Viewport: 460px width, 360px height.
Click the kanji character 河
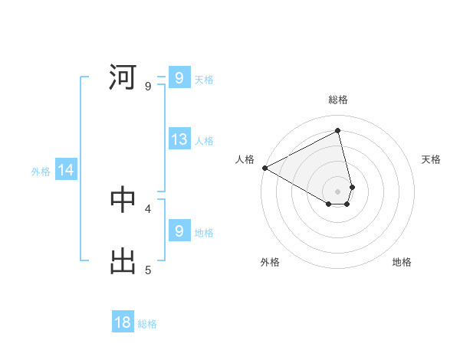point(123,77)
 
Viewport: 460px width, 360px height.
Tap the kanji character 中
point(123,199)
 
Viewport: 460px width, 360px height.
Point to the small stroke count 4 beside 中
point(148,208)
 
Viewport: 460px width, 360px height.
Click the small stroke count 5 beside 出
point(148,270)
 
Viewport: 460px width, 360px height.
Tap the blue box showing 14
point(66,170)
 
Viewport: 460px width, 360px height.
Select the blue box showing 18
point(123,322)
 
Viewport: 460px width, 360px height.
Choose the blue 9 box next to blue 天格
point(179,77)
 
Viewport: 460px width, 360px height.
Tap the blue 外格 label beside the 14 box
point(41,172)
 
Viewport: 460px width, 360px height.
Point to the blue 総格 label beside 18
point(147,324)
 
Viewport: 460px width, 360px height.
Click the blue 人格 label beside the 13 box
point(204,140)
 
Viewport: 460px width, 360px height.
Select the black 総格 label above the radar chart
point(338,100)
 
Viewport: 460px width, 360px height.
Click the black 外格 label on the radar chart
point(270,262)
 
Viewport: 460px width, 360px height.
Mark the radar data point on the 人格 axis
point(264,168)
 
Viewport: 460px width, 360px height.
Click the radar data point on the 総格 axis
point(337,130)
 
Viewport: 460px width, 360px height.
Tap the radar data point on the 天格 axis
point(352,186)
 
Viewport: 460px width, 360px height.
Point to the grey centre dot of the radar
point(337,191)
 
